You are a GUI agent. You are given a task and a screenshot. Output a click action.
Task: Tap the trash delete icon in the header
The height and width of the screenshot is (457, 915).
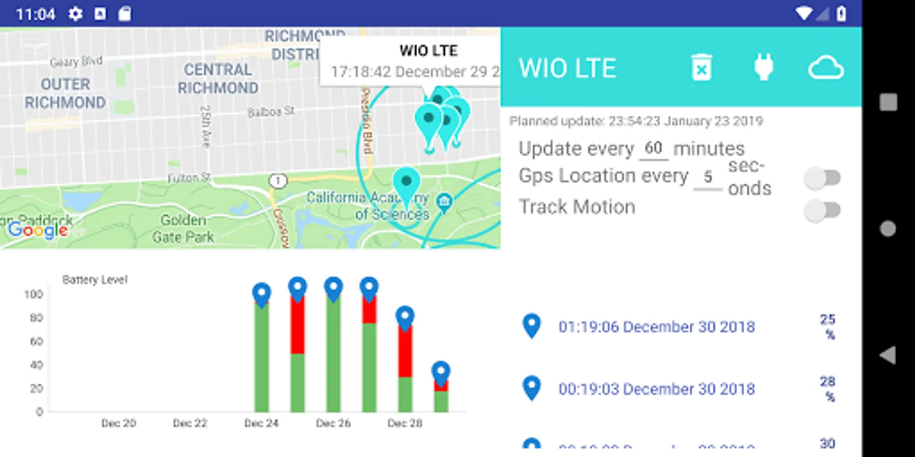pyautogui.click(x=701, y=68)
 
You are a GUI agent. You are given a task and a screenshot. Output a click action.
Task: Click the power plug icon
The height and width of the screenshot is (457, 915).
pyautogui.click(x=764, y=68)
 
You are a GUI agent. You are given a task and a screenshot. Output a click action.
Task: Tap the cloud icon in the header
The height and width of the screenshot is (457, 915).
pyautogui.click(x=826, y=68)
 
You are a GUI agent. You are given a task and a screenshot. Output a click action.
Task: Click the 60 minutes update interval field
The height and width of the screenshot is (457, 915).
pyautogui.click(x=653, y=149)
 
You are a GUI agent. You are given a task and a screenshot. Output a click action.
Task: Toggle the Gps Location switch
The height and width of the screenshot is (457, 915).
pyautogui.click(x=822, y=178)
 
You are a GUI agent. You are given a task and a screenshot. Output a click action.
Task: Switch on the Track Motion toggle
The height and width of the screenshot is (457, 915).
pyautogui.click(x=822, y=210)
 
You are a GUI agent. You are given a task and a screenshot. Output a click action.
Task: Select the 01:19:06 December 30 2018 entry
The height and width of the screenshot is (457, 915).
pyautogui.click(x=656, y=327)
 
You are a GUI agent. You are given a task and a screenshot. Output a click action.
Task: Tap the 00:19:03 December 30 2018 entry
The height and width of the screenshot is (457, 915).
pyautogui.click(x=656, y=389)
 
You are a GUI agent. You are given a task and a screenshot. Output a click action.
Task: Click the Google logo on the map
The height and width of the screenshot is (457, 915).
pyautogui.click(x=38, y=230)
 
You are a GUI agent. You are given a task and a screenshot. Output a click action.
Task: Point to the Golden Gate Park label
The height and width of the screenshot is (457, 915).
pyautogui.click(x=183, y=228)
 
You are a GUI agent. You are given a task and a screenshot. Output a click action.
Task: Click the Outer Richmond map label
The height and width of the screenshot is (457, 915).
pyautogui.click(x=65, y=93)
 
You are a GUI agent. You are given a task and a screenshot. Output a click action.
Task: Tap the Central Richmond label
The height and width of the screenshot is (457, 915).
pyautogui.click(x=218, y=79)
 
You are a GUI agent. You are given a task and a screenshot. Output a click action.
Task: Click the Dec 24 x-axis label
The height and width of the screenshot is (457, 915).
pyautogui.click(x=261, y=423)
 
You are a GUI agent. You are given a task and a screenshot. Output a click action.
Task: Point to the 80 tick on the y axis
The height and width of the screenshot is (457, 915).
pyautogui.click(x=36, y=318)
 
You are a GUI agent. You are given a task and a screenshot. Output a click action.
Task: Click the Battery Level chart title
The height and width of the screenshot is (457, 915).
pyautogui.click(x=95, y=280)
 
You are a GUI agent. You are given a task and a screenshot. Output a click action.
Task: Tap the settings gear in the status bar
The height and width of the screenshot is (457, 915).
pyautogui.click(x=75, y=14)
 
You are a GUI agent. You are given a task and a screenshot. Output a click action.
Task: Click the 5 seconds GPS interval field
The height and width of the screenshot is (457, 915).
pyautogui.click(x=708, y=177)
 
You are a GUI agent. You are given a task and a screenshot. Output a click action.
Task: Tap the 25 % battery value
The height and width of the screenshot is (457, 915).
pyautogui.click(x=828, y=327)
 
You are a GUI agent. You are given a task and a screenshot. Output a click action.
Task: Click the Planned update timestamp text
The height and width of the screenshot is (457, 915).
pyautogui.click(x=636, y=121)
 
